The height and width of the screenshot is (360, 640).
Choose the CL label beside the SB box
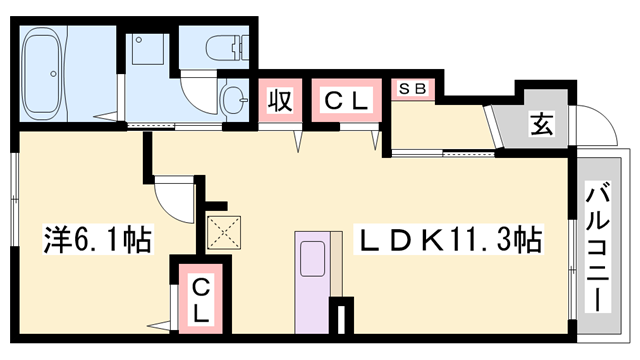click(345, 101)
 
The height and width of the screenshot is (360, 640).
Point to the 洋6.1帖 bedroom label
click(97, 240)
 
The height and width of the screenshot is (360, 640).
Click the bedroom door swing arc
click(172, 200)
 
